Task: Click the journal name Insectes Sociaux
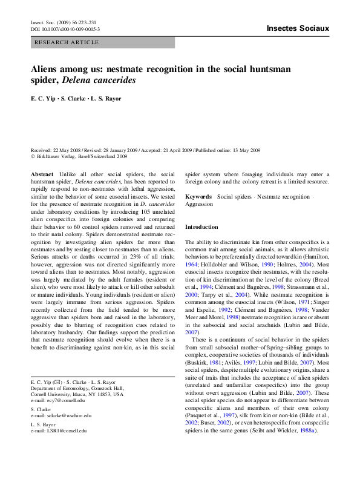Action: click(x=298, y=28)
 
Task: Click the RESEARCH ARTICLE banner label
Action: click(x=67, y=42)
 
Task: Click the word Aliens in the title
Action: click(x=49, y=69)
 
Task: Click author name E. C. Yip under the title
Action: click(x=43, y=97)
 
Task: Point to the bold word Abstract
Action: click(x=42, y=174)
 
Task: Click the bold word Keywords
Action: click(x=198, y=197)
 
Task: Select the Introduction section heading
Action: click(x=201, y=227)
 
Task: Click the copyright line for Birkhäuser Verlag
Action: click(x=79, y=156)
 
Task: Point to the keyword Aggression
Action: click(x=200, y=205)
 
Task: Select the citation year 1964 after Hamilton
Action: click(x=192, y=265)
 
